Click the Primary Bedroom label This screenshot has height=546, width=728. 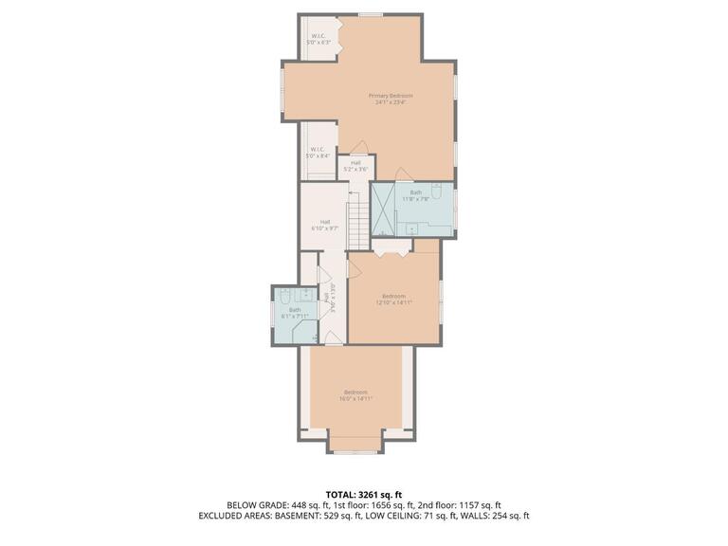391,99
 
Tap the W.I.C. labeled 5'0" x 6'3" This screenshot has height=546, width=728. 319,40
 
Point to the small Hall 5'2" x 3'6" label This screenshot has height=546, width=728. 355,165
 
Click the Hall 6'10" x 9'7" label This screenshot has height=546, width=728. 324,226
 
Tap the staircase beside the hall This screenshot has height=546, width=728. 356,220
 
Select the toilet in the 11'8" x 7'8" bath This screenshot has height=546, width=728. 434,190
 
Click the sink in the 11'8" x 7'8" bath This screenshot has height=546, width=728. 413,228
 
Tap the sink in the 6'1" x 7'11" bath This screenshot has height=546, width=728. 305,293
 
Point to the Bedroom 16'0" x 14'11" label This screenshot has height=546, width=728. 355,395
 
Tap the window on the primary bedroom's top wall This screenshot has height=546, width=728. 371,14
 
